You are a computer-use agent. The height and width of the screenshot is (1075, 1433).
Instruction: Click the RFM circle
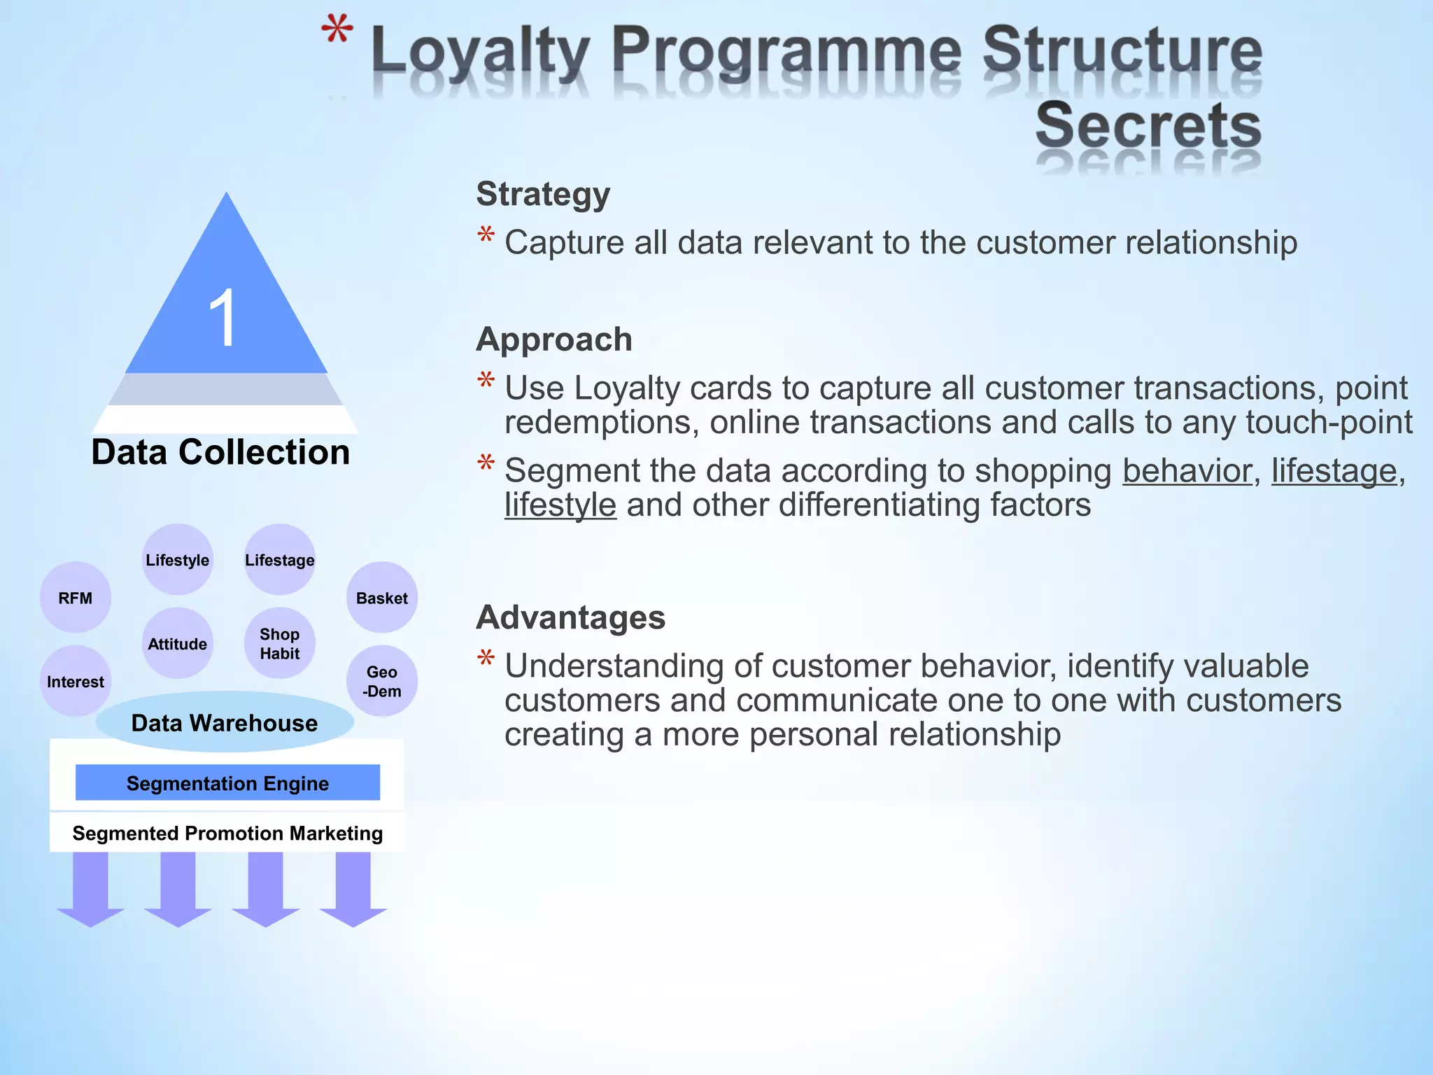[76, 598]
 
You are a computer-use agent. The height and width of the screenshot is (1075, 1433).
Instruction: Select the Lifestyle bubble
[178, 560]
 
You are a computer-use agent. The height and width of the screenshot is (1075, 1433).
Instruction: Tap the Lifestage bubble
[280, 560]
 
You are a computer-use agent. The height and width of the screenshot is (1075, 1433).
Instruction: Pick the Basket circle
[382, 598]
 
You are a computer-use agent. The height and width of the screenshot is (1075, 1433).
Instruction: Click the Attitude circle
[178, 643]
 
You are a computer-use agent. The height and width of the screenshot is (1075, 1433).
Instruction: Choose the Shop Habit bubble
[280, 643]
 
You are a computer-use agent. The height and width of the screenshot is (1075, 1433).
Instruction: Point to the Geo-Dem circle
[382, 681]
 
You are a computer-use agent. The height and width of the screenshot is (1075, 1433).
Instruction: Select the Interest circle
[76, 681]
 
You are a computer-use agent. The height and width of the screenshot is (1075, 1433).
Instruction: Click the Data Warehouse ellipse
[225, 722]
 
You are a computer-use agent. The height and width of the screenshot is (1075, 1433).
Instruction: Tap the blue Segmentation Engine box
[227, 782]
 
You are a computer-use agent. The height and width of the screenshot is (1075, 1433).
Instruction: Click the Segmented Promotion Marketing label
[227, 833]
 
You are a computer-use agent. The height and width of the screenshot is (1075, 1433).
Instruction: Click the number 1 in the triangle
[223, 319]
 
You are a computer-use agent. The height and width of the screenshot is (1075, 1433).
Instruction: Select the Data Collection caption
[220, 452]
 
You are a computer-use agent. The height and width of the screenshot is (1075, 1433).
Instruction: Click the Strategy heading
[543, 194]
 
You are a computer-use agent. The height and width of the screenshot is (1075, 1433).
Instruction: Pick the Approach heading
[554, 339]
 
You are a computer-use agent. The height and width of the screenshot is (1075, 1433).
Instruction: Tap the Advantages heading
[570, 617]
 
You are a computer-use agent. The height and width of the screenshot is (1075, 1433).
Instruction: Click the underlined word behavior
[1187, 470]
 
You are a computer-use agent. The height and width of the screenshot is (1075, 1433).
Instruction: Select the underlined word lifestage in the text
[1334, 470]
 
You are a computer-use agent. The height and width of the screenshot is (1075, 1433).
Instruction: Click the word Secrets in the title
[1148, 126]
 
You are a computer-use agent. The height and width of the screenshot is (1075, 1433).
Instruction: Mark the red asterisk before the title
[337, 32]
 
